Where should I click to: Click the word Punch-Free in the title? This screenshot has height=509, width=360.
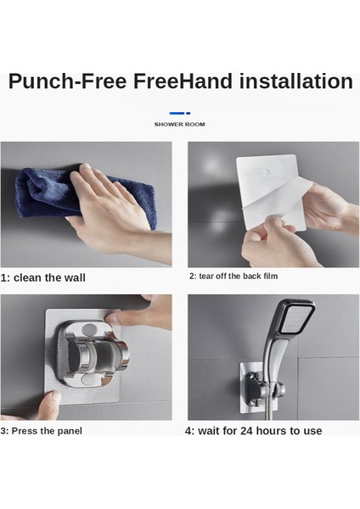(x=67, y=81)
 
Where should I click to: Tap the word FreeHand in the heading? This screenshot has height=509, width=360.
(x=183, y=81)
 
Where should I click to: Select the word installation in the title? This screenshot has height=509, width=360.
(x=296, y=81)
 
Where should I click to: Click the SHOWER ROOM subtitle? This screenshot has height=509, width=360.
(x=180, y=125)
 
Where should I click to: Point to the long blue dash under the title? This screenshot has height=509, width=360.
(x=177, y=113)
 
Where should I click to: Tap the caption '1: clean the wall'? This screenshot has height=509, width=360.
(x=43, y=278)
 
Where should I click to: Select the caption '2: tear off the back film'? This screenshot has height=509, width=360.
(x=233, y=277)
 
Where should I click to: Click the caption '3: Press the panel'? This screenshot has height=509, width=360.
(x=42, y=431)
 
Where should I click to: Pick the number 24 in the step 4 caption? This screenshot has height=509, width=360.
(x=246, y=431)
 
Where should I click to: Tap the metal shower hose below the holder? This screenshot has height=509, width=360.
(x=268, y=406)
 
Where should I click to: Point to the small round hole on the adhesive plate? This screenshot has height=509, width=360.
(x=267, y=172)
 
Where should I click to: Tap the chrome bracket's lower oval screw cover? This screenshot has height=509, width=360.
(x=88, y=379)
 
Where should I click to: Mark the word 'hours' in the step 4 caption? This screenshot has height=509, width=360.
(x=272, y=431)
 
